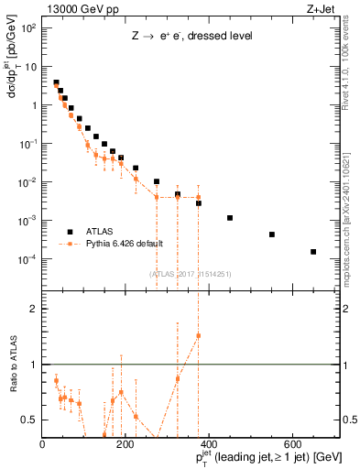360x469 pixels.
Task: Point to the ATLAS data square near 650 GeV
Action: click(313, 252)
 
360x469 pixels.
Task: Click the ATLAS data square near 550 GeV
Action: click(272, 234)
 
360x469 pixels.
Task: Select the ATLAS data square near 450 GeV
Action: click(230, 218)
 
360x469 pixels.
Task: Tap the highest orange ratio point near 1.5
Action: click(198, 335)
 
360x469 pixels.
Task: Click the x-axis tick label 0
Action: click(42, 445)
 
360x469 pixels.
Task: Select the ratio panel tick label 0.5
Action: click(28, 420)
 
